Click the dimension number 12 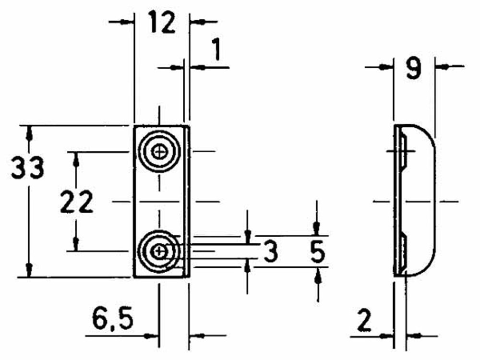click(162, 23)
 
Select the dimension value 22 click(76, 204)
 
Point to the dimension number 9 click(413, 69)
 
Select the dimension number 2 click(365, 321)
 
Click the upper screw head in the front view click(158, 152)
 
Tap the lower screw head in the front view click(158, 251)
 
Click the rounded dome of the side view click(422, 202)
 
